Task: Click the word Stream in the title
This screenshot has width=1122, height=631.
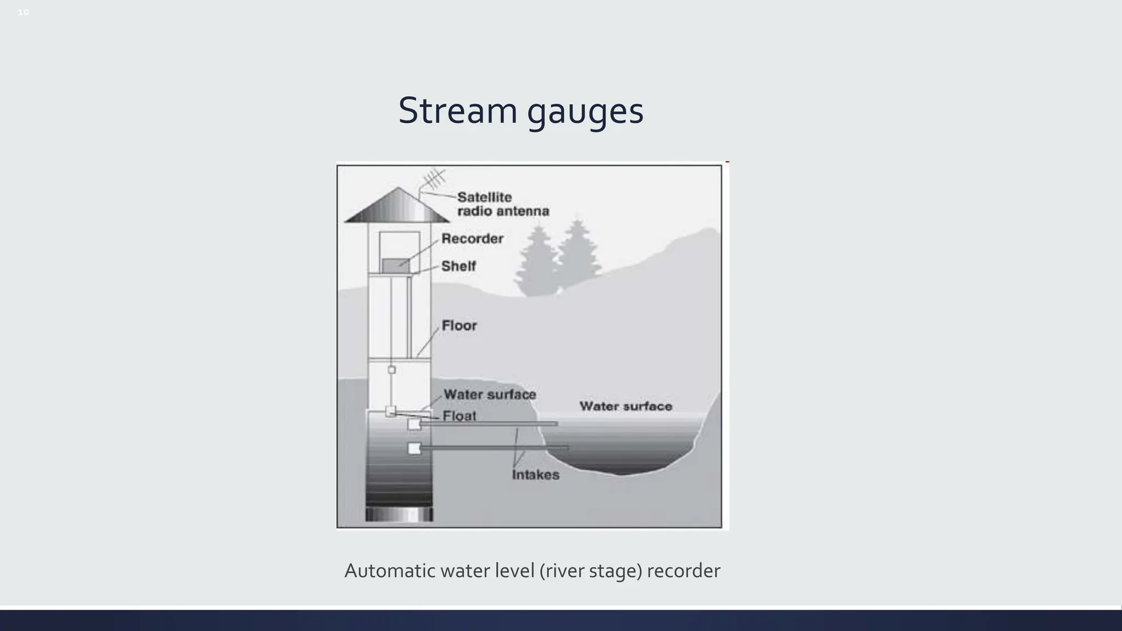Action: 457,111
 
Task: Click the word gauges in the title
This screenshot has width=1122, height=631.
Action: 585,112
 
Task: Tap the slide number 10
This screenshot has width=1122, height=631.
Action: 23,12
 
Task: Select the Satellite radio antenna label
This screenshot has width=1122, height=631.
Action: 502,204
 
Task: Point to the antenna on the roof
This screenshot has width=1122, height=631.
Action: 433,180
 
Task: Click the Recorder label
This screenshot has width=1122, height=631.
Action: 472,239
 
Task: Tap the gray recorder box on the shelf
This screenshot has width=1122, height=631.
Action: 396,266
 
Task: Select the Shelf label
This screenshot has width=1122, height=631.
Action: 459,266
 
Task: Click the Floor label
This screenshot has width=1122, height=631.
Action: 459,325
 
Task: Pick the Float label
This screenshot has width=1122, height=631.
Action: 459,416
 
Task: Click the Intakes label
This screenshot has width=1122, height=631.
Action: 536,475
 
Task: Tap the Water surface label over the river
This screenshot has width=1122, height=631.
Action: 626,406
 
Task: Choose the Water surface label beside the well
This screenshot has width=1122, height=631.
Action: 490,394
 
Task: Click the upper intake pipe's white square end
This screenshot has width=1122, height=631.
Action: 414,424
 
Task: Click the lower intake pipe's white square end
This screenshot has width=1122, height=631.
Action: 414,449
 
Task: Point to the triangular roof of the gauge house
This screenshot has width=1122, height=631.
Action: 398,207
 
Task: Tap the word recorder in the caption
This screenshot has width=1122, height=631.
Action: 683,571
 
